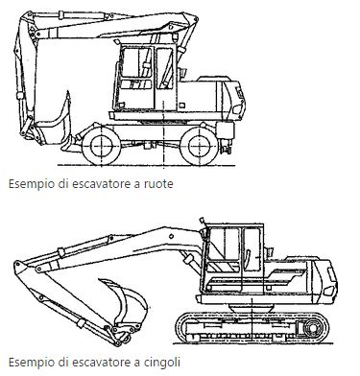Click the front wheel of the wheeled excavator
click(x=102, y=146)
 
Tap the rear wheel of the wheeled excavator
click(x=199, y=146)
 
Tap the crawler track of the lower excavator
click(x=252, y=327)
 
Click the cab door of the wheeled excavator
click(x=165, y=78)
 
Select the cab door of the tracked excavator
click(x=252, y=260)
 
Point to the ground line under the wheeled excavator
click(x=147, y=166)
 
